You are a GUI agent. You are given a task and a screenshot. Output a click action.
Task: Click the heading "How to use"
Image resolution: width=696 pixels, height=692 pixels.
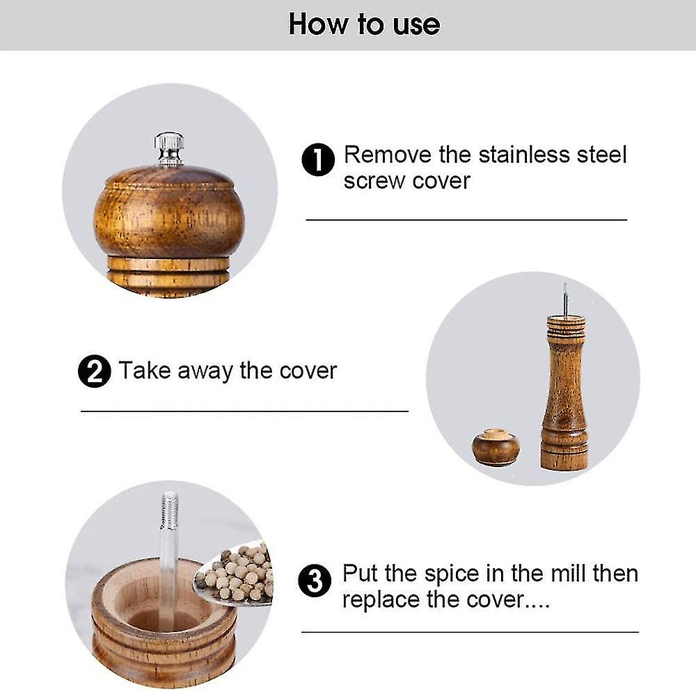pos(364,24)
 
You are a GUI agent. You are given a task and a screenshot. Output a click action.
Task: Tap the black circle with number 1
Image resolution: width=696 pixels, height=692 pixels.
pos(318,160)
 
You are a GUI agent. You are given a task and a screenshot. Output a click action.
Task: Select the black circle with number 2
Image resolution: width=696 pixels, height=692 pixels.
pos(94,371)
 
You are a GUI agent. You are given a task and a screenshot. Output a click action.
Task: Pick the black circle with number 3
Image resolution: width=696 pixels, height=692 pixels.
pos(315,581)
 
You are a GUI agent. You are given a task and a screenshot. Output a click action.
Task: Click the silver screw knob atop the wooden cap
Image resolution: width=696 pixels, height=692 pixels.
pos(169,149)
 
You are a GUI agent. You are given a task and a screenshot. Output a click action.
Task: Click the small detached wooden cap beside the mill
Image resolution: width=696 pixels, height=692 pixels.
pos(496,446)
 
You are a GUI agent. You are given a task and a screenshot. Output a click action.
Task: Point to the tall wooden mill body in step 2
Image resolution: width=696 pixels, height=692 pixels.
pos(564,393)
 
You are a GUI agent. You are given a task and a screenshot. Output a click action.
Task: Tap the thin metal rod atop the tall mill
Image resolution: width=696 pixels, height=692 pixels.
pos(565,299)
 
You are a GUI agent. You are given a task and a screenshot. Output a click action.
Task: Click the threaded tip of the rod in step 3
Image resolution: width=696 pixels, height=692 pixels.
pos(170,510)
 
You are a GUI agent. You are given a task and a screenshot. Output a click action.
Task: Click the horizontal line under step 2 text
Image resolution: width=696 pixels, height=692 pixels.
pos(244,411)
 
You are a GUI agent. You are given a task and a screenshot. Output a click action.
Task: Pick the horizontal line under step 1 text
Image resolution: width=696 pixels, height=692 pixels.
pos(466,220)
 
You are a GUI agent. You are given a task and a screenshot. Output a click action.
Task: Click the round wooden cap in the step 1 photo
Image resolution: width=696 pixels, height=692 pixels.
pos(169,212)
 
